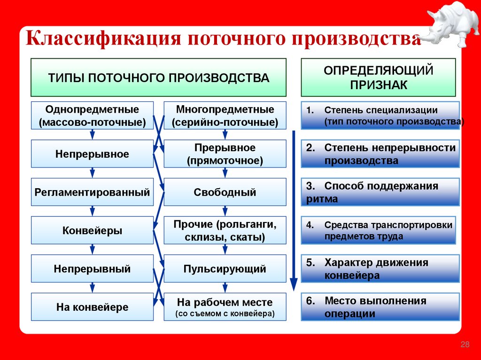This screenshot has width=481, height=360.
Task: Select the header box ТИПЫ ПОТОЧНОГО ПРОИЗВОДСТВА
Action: click(x=158, y=77)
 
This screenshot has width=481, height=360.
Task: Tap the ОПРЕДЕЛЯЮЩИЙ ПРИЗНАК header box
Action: click(x=378, y=77)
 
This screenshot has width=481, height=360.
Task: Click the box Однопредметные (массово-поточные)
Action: click(x=92, y=115)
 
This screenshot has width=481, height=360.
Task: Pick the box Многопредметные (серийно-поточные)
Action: click(x=225, y=115)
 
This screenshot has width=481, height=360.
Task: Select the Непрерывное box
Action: click(x=92, y=154)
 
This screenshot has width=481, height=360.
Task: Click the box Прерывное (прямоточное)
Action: click(x=225, y=154)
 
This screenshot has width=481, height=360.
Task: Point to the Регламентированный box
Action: click(x=92, y=192)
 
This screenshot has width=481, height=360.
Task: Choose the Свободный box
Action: click(x=225, y=192)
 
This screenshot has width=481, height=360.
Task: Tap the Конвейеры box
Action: click(x=92, y=230)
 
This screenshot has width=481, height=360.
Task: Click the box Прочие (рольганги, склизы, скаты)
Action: click(x=225, y=230)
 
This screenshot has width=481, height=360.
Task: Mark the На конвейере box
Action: click(x=92, y=307)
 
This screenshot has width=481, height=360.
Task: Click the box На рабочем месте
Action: click(x=225, y=307)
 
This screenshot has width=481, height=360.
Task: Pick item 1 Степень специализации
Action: click(x=380, y=115)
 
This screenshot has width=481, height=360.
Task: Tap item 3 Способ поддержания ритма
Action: click(x=380, y=192)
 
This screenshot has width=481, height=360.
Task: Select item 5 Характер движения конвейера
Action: click(x=380, y=269)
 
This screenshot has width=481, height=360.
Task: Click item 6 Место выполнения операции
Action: click(x=380, y=307)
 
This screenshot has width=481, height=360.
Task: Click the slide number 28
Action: click(x=465, y=345)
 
